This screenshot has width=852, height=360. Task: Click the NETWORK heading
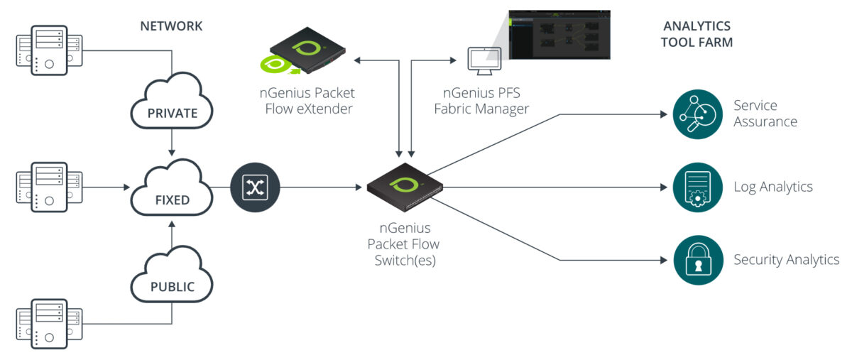[171, 26]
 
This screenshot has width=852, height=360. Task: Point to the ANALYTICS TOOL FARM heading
[696, 34]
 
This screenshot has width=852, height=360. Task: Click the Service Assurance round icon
[697, 114]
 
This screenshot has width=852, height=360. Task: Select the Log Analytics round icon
[697, 187]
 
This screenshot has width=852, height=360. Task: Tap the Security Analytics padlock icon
[697, 260]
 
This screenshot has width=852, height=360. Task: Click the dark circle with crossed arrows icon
[255, 188]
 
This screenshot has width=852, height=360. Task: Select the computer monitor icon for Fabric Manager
[484, 61]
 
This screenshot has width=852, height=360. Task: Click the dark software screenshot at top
[559, 36]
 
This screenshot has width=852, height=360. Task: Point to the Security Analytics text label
[786, 260]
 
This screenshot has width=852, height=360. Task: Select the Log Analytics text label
[772, 187]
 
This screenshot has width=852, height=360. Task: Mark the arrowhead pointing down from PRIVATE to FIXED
[171, 151]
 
